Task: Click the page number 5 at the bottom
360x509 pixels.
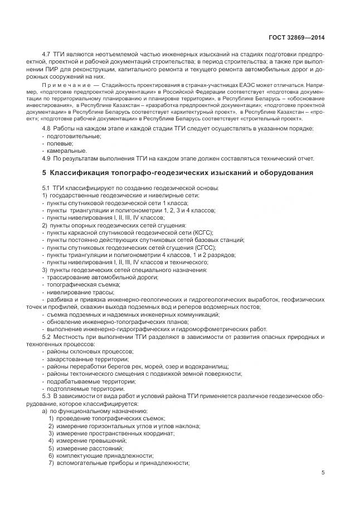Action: pyautogui.click(x=323, y=472)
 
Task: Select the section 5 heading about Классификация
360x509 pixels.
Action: pyautogui.click(x=177, y=173)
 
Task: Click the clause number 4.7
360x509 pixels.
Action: pyautogui.click(x=47, y=54)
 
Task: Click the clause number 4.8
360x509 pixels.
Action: pyautogui.click(x=47, y=129)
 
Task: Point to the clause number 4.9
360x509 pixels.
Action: pyautogui.click(x=47, y=158)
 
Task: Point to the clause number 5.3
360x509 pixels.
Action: pyautogui.click(x=47, y=396)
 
